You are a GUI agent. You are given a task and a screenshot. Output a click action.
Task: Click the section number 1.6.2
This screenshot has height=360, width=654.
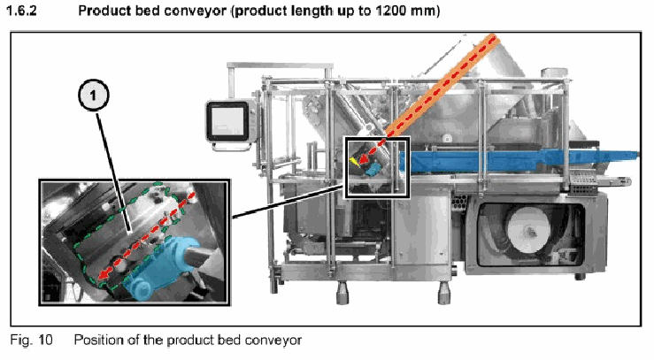click(22, 11)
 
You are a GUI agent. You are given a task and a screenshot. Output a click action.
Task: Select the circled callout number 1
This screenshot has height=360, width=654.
click(94, 96)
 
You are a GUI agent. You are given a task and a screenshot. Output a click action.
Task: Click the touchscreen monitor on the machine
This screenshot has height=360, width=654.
click(227, 122)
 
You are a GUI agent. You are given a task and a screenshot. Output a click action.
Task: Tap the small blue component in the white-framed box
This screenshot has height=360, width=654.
click(373, 168)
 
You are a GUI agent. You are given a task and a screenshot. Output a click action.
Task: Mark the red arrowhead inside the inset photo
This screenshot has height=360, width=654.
click(103, 275)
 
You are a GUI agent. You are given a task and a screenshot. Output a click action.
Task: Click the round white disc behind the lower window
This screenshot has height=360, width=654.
click(528, 230)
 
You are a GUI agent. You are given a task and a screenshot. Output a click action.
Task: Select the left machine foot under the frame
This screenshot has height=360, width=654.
click(342, 293)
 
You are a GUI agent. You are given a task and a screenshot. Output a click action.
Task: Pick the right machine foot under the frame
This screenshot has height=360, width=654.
click(443, 293)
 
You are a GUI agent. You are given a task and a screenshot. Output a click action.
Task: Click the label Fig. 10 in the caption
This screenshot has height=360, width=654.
click(31, 340)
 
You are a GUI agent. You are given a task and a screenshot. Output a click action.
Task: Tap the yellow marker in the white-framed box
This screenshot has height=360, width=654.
click(354, 161)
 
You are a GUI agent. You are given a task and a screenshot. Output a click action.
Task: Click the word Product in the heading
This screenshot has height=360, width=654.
click(104, 11)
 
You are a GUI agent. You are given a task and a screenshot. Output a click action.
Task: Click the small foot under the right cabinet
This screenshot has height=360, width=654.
click(581, 277)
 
